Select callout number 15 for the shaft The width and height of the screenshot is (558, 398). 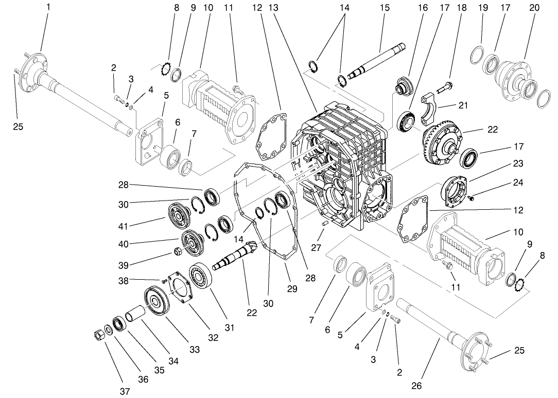click(x=385, y=8)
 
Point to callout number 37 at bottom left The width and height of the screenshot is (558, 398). click(x=125, y=391)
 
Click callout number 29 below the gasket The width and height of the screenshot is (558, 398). click(x=292, y=289)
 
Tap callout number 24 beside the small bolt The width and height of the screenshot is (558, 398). click(x=518, y=183)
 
